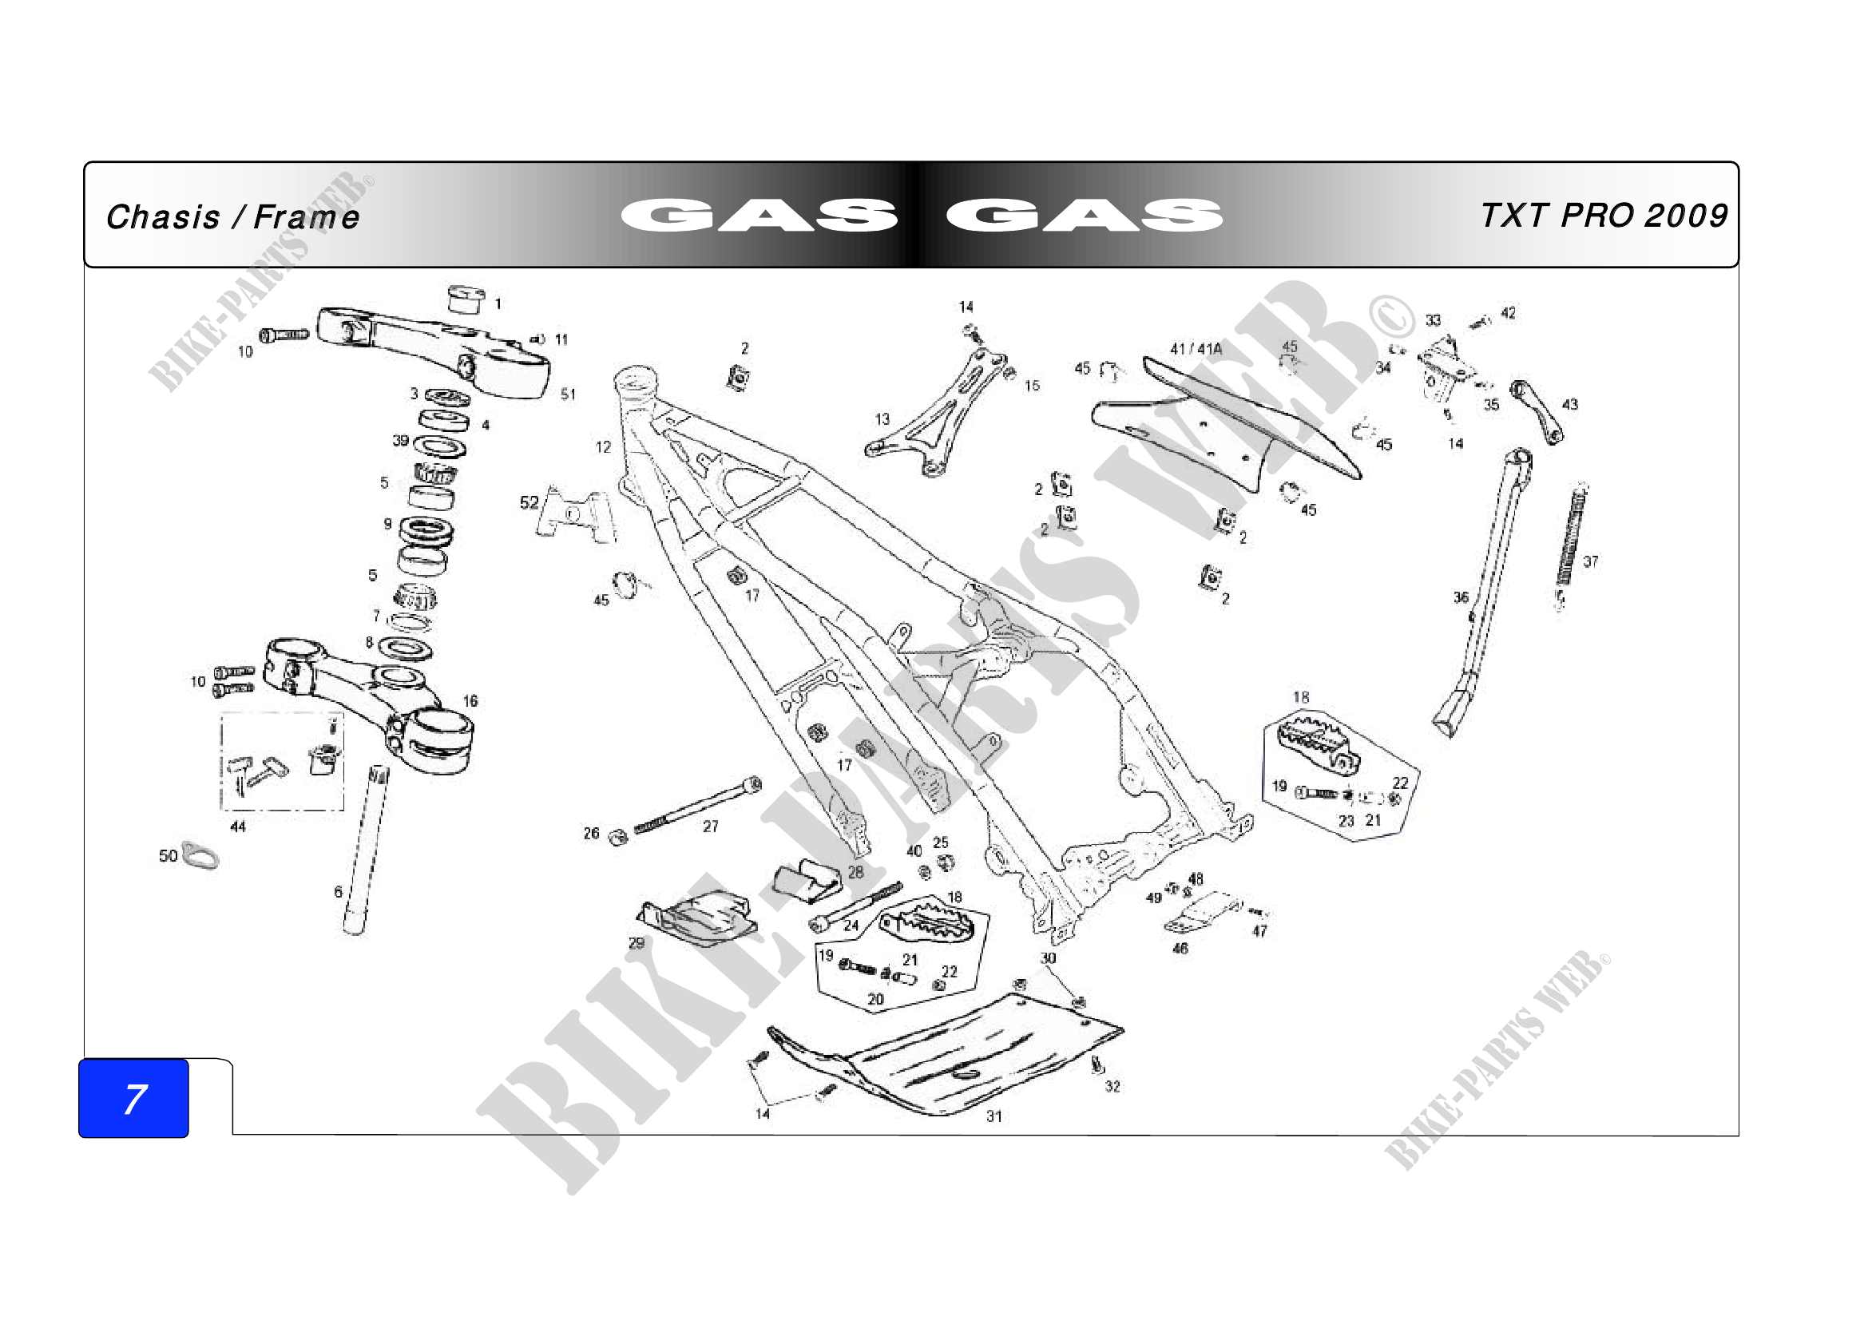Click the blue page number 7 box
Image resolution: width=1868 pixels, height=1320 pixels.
click(x=133, y=1098)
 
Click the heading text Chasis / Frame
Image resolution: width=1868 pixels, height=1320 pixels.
click(x=232, y=217)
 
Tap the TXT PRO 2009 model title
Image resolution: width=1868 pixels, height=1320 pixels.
click(x=1604, y=216)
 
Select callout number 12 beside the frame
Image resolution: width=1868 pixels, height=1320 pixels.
click(x=603, y=446)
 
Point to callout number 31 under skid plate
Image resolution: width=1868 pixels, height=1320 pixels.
click(x=994, y=1116)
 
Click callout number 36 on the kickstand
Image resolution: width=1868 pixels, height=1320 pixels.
click(x=1461, y=598)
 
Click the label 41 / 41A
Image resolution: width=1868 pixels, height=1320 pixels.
click(x=1196, y=349)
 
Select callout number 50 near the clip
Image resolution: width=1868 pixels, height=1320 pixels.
click(x=168, y=855)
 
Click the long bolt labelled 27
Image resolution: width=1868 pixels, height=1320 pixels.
click(x=696, y=806)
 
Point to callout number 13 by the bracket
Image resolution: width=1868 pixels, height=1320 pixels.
click(x=882, y=419)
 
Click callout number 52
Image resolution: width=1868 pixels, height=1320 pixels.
click(x=529, y=502)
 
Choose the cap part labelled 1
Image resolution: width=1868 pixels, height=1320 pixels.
click(x=467, y=299)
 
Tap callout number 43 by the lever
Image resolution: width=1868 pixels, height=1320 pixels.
click(x=1570, y=404)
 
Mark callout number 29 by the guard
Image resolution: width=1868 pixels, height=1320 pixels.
click(x=637, y=942)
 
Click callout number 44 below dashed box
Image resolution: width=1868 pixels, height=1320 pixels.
click(x=237, y=826)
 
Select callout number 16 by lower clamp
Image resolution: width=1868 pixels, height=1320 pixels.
click(x=470, y=700)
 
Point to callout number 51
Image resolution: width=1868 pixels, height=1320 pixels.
click(x=568, y=394)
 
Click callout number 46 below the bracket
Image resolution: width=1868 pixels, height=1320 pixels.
click(x=1180, y=948)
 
